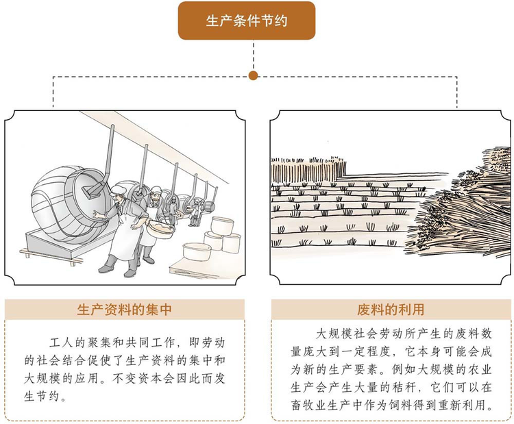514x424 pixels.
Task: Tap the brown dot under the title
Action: (x=254, y=75)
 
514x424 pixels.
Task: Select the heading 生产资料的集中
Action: (x=124, y=310)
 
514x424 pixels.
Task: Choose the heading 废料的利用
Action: (x=391, y=310)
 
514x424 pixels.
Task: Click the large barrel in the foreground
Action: (x=65, y=195)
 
